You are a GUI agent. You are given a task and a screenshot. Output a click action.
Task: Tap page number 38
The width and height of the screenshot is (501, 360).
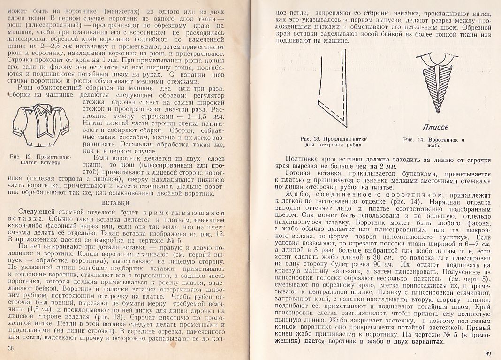pos(12,347)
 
